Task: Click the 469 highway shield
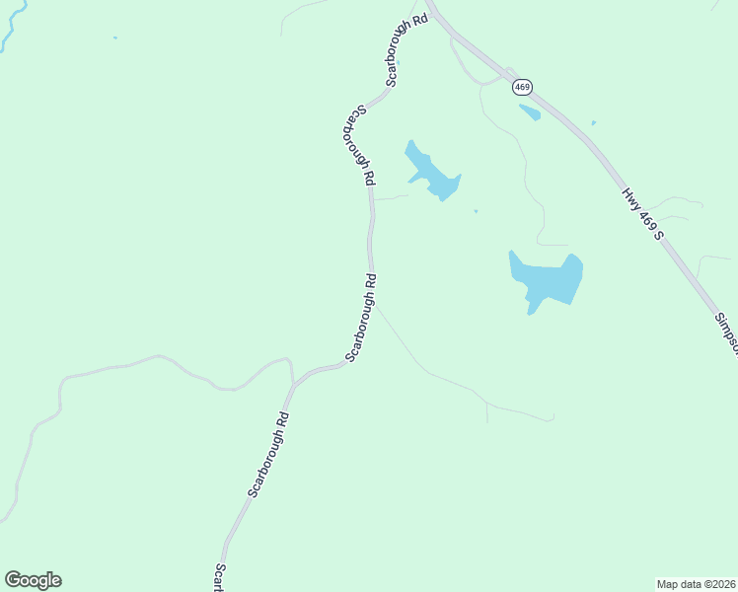click(523, 88)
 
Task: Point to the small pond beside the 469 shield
click(530, 111)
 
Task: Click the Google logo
click(33, 580)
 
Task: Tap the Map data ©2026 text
click(696, 583)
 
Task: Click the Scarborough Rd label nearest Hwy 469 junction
click(407, 49)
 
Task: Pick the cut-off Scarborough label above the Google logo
click(220, 578)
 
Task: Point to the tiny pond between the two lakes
click(476, 210)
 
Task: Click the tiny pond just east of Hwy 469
click(593, 123)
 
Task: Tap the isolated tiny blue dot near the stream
click(115, 38)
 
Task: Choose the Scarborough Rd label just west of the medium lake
click(358, 146)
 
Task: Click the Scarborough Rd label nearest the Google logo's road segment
click(268, 454)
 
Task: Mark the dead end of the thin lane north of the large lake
click(567, 244)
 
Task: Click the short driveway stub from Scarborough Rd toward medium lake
click(390, 197)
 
